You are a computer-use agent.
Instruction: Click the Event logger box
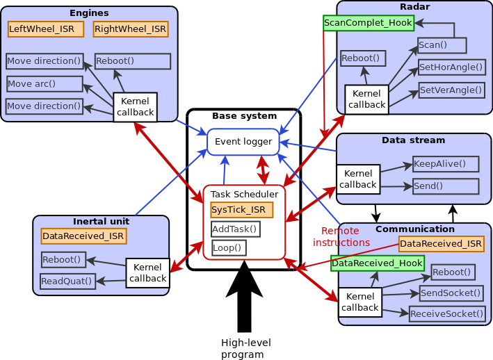[x=243, y=142]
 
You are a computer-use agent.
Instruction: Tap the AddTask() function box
[x=235, y=229]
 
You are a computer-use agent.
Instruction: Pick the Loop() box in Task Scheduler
[x=229, y=247]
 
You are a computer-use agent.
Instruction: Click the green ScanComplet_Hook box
[x=369, y=23]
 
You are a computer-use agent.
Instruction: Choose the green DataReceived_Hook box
[x=377, y=263]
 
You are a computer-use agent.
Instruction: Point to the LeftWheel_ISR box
[x=46, y=29]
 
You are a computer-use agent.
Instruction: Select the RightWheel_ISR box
[x=131, y=29]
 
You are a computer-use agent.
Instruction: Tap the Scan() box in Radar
[x=442, y=46]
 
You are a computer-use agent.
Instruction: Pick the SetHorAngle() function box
[x=451, y=67]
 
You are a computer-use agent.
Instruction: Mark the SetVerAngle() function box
[x=451, y=90]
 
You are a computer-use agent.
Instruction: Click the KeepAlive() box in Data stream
[x=446, y=164]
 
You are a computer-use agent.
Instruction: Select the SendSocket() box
[x=451, y=293]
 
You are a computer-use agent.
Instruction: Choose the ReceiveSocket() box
[x=446, y=314]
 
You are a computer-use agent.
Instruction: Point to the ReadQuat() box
[x=67, y=281]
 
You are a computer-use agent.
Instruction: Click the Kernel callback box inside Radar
[x=366, y=99]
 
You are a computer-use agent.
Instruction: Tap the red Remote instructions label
[x=341, y=237]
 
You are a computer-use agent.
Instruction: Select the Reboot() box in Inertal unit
[x=62, y=260]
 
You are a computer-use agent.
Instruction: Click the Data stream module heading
[x=413, y=140]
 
